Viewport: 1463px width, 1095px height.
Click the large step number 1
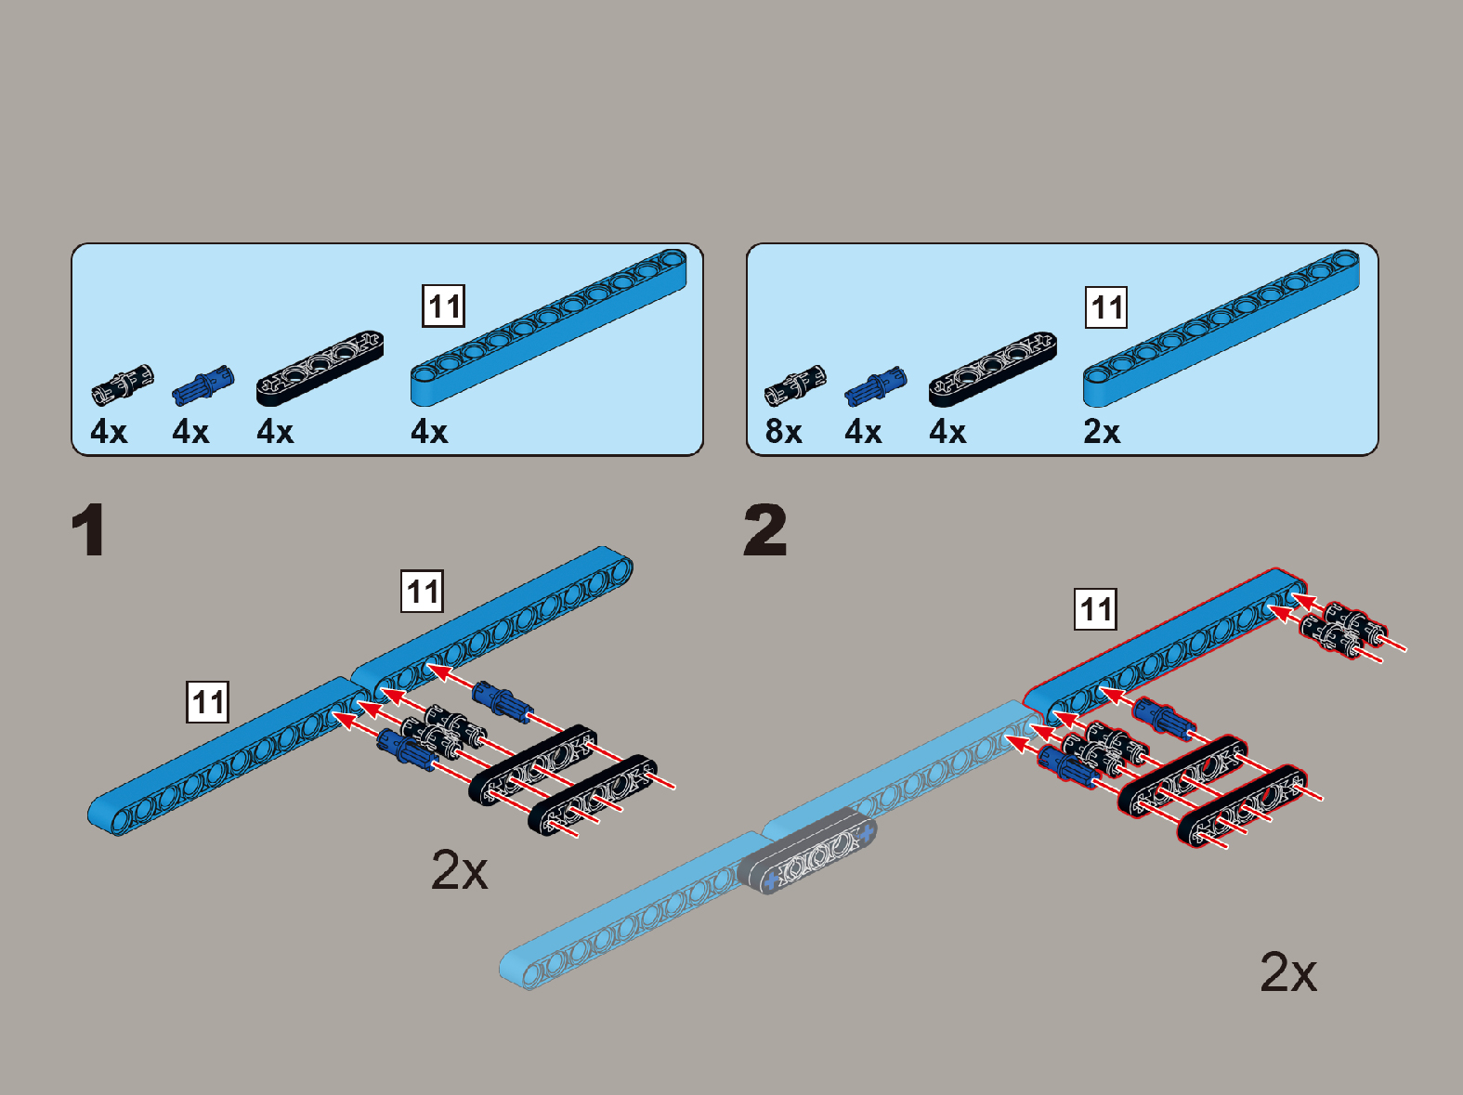[88, 531]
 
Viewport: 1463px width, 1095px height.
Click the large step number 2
[765, 530]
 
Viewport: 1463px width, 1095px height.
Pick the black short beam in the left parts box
[320, 368]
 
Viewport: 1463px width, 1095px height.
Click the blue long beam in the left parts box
[548, 327]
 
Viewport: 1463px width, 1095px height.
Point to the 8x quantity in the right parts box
[783, 432]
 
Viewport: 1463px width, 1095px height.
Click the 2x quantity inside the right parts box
[1102, 432]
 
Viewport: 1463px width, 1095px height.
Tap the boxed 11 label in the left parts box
[444, 306]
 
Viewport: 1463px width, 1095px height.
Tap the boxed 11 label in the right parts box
[1106, 307]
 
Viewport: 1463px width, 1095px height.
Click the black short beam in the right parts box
[992, 368]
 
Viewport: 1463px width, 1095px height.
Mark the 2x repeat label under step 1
[459, 871]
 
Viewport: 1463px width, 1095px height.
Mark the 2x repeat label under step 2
[1288, 973]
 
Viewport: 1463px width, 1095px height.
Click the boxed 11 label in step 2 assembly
[1095, 609]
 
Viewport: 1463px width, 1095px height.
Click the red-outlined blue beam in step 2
[1165, 646]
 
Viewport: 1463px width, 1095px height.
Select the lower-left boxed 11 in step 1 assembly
[208, 701]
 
